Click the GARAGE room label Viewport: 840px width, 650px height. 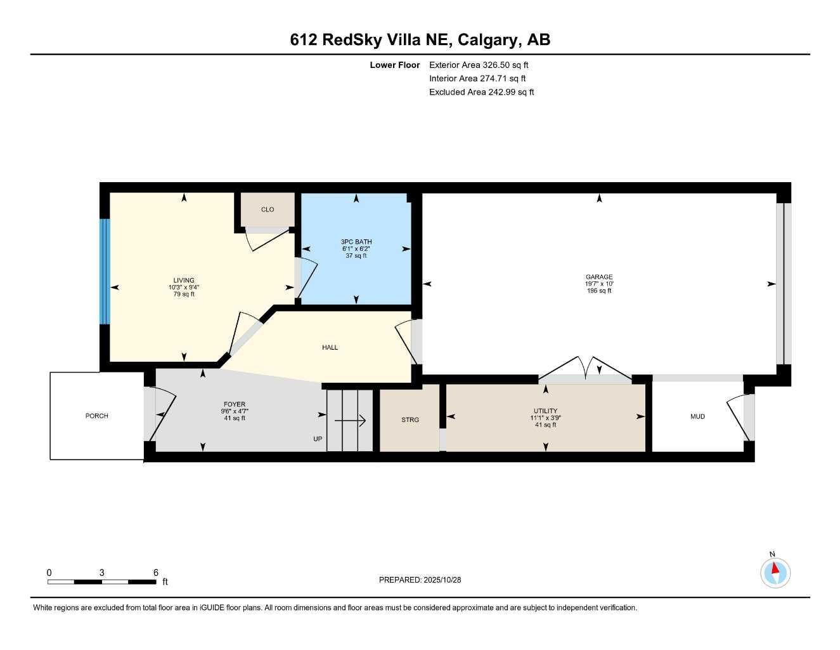[598, 277]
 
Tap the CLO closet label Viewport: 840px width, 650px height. [268, 209]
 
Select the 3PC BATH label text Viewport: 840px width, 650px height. [356, 242]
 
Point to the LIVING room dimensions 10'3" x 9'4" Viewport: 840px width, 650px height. [184, 288]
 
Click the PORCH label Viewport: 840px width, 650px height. [97, 416]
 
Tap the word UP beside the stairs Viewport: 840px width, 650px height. [318, 439]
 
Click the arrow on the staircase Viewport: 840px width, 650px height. [350, 420]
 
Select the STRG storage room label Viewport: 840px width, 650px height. [410, 420]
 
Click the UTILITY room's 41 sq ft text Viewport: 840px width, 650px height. [545, 425]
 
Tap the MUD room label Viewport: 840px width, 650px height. [697, 416]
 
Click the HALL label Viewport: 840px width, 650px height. [330, 347]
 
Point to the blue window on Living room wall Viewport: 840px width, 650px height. [105, 272]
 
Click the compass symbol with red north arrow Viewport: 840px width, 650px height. [775, 573]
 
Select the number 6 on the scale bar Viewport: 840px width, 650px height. [156, 573]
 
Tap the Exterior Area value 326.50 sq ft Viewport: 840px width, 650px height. [505, 65]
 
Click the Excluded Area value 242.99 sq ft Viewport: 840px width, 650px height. [510, 92]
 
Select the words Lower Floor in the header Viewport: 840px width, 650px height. [395, 65]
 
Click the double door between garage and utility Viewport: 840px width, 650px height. [585, 371]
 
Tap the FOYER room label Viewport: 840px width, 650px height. [235, 404]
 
